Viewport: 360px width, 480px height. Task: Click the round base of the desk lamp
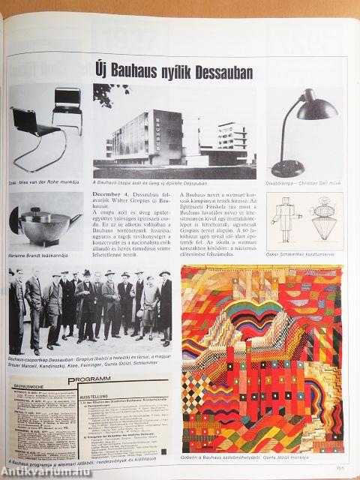click(288, 168)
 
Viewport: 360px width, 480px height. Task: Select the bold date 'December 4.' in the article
click(114, 196)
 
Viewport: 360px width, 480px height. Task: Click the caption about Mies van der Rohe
click(40, 181)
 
